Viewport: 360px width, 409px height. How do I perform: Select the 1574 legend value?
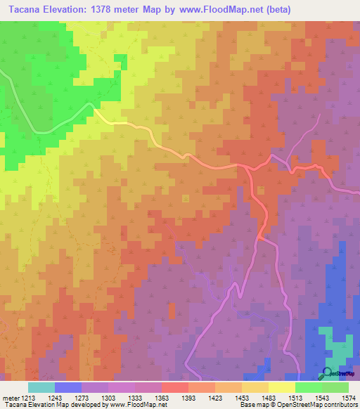click(349, 398)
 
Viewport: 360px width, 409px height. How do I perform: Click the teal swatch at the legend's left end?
click(41, 387)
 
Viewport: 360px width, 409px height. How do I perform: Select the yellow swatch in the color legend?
click(282, 387)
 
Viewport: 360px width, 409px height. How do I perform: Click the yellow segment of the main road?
click(112, 121)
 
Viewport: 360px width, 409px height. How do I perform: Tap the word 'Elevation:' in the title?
click(70, 9)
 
